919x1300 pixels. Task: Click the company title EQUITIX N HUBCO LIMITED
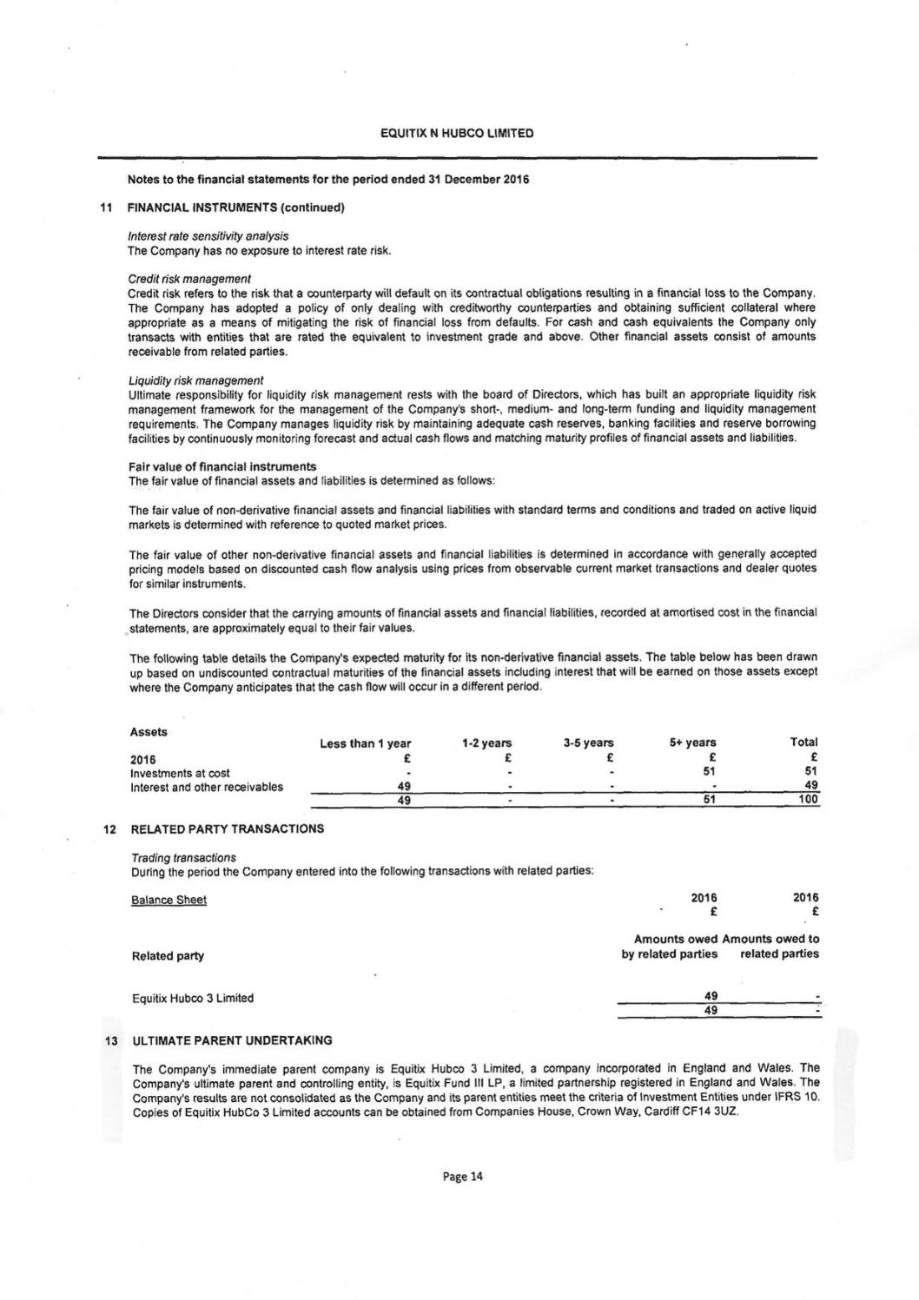(457, 134)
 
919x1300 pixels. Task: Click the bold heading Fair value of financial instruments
(221, 466)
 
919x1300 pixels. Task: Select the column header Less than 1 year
(365, 743)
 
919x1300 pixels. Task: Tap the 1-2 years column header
(486, 743)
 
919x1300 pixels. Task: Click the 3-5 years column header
(588, 743)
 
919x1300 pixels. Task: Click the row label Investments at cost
(180, 774)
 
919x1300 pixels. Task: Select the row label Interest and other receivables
(206, 788)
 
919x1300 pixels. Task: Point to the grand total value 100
(808, 801)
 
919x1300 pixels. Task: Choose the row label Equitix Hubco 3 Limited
(193, 998)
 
